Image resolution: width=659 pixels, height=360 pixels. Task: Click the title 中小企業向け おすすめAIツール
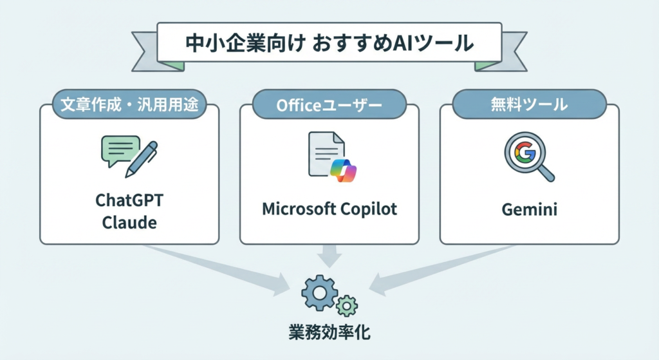coord(329,44)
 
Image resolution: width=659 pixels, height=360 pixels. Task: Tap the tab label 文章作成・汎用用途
coord(129,104)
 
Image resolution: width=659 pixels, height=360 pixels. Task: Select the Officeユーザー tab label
coord(329,104)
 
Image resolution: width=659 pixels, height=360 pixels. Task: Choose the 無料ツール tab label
coord(529,104)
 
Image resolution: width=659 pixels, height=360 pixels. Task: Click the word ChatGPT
coord(129,200)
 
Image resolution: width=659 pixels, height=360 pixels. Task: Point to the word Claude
coord(129,222)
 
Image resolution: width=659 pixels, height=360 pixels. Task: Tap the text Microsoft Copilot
coord(329,209)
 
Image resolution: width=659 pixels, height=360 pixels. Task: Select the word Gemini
coord(530,209)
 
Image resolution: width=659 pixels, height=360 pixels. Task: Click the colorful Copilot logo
coord(342,170)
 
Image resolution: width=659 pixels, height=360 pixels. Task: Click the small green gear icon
coord(347,305)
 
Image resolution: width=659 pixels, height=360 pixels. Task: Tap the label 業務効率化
coord(329,333)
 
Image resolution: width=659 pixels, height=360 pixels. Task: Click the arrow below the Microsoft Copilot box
coord(329,256)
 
